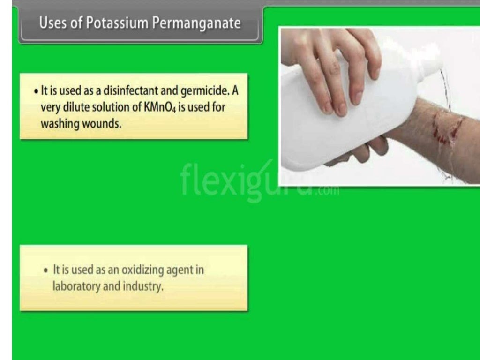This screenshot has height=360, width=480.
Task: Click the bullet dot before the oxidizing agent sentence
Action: click(45, 270)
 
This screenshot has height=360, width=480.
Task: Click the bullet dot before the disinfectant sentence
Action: click(37, 91)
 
